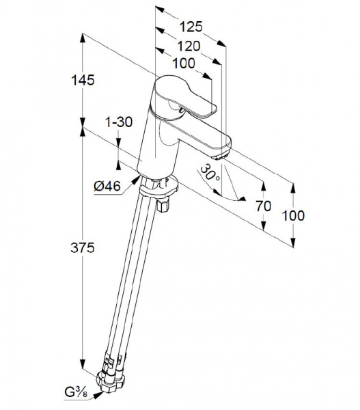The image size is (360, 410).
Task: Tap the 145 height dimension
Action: [x=83, y=80]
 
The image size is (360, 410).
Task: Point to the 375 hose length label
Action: [x=83, y=247]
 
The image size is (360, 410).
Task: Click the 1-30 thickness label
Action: [x=119, y=122]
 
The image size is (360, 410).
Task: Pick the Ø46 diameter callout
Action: [x=107, y=186]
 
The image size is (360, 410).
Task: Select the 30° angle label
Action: [x=210, y=172]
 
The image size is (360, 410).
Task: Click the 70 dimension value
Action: [x=263, y=206]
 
